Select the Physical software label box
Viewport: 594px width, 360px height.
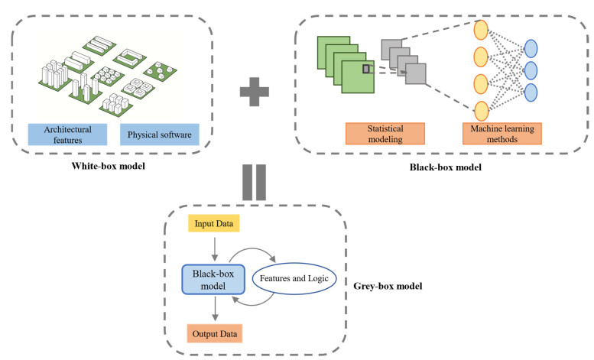pyautogui.click(x=157, y=134)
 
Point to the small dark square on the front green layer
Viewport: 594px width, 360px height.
pyautogui.click(x=367, y=70)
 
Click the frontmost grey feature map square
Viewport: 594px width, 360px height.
pyautogui.click(x=415, y=73)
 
